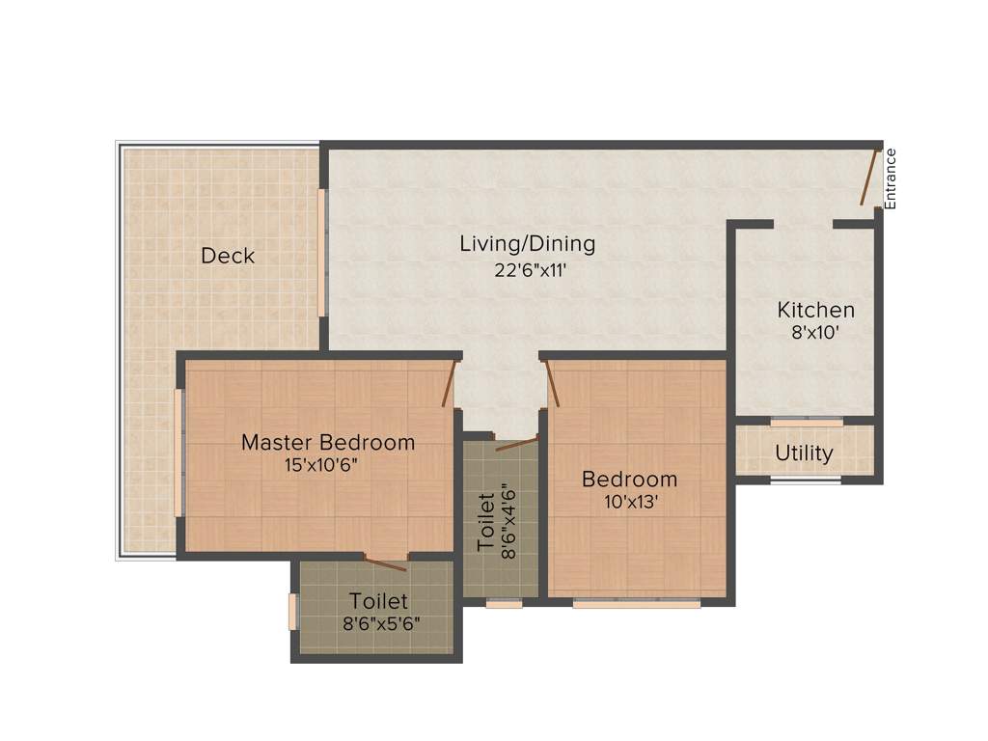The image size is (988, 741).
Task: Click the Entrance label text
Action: [891, 178]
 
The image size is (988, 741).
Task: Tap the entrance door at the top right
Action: [868, 178]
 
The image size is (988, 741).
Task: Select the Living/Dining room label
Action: [527, 244]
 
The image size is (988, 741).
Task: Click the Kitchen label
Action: [816, 310]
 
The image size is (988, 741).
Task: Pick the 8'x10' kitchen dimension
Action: [816, 333]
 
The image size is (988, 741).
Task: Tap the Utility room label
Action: [804, 453]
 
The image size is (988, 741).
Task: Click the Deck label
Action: [228, 256]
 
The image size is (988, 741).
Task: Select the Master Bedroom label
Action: [328, 442]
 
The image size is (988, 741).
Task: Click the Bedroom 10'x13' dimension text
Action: [629, 502]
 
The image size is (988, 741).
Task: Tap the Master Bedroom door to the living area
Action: [448, 384]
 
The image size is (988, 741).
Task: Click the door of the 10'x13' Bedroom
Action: [553, 384]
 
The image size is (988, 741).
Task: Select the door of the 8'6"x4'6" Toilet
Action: [517, 444]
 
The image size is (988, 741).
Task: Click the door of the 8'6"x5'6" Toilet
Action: [385, 563]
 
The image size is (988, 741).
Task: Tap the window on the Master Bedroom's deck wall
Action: [178, 453]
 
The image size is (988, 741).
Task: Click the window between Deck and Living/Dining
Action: [322, 252]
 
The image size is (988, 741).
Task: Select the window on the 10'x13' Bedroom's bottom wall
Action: [637, 604]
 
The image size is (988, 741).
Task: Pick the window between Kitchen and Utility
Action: [807, 421]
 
